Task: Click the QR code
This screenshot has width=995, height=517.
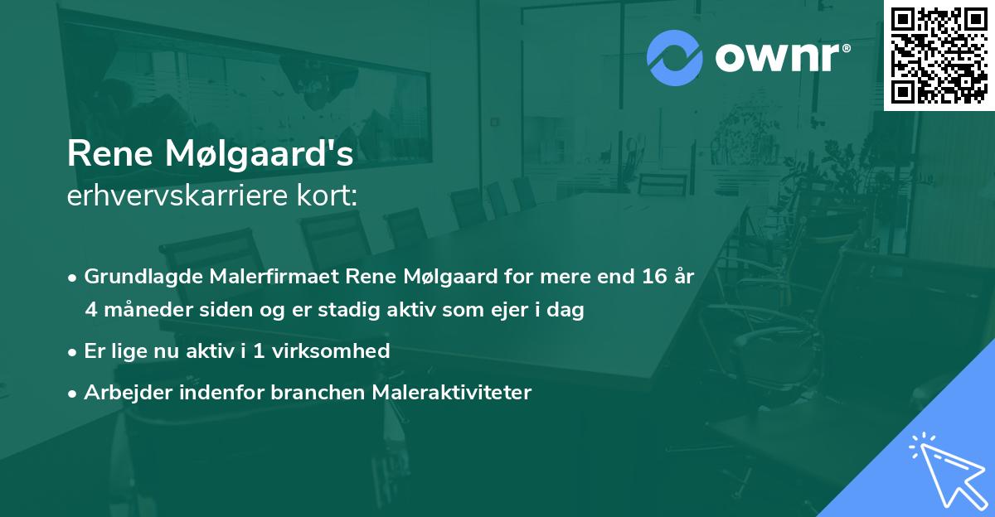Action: point(939,55)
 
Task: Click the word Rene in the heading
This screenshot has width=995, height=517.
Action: point(108,154)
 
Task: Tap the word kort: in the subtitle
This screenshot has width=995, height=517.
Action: point(329,196)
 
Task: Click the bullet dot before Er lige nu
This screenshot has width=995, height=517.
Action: point(73,351)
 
